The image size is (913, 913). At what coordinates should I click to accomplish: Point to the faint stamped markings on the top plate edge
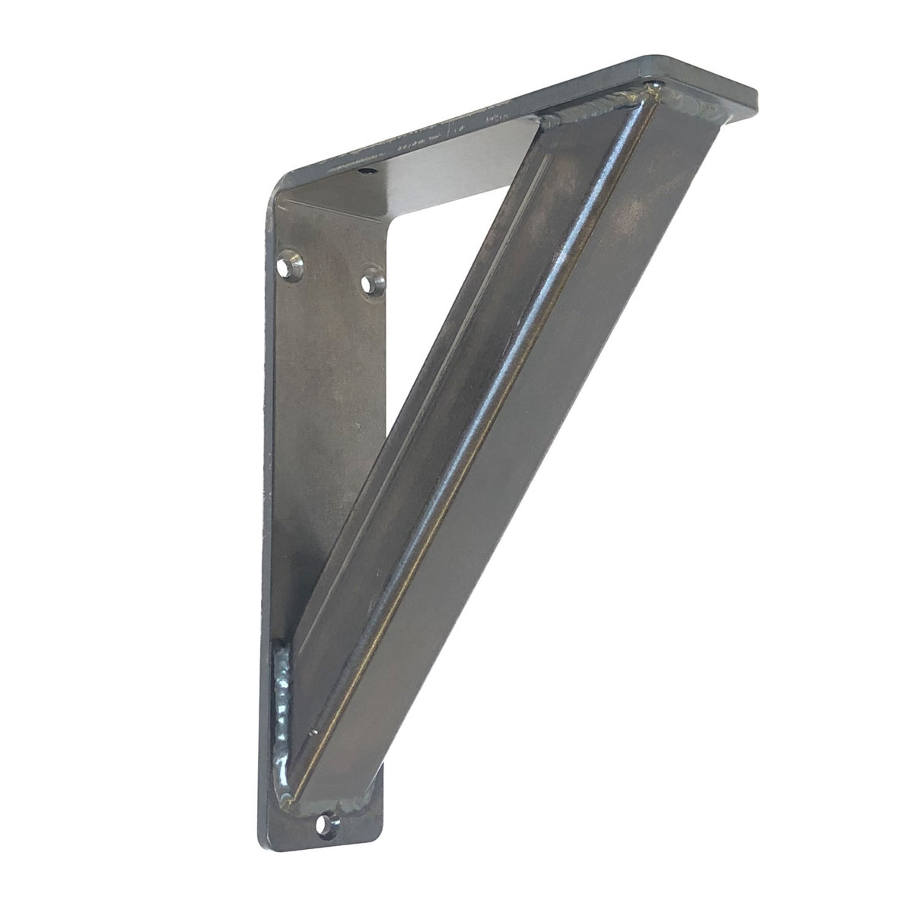[472, 126]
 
